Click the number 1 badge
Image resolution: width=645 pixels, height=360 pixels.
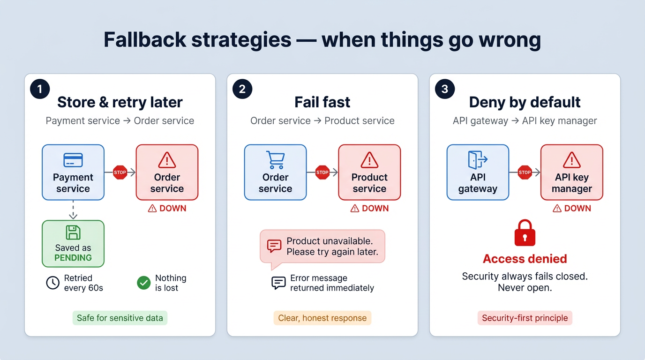pos(40,89)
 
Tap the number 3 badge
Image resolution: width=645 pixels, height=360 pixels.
pos(445,89)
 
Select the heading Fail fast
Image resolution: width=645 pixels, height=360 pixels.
pos(322,102)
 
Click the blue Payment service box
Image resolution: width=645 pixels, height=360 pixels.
pos(73,172)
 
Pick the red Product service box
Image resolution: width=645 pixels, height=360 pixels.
pos(369,172)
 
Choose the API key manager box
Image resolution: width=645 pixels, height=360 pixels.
pos(571,172)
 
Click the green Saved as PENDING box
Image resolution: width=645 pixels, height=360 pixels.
pos(73,244)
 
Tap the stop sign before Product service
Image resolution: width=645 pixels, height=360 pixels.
pos(322,172)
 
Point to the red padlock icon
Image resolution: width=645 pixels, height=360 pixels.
pos(525,233)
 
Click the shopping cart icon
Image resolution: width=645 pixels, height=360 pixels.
pos(275,160)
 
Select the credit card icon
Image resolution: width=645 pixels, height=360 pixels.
pos(73,160)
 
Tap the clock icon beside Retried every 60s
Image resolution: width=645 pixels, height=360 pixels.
pos(52,283)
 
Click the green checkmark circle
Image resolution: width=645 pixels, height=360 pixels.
pos(143,283)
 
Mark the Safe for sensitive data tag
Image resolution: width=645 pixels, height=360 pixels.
pos(120,318)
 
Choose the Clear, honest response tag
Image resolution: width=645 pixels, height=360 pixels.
pos(322,318)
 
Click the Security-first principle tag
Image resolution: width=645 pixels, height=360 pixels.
pos(525,318)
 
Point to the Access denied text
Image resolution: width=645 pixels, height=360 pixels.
pos(525,259)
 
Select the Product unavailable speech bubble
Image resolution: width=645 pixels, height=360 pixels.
pos(322,247)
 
